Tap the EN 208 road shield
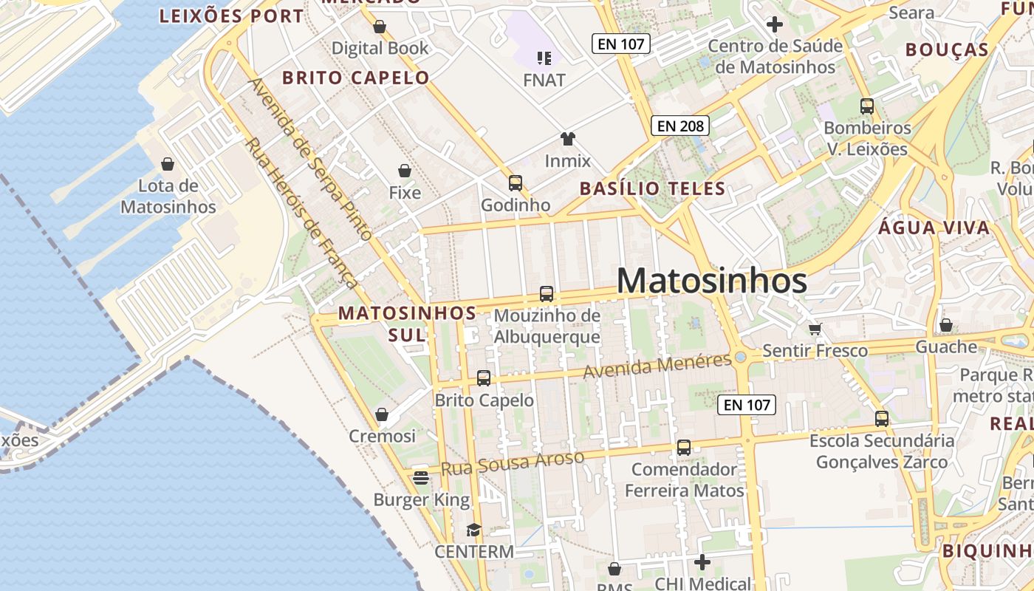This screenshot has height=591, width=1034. [x=680, y=126]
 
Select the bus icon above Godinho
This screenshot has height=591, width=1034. [x=516, y=182]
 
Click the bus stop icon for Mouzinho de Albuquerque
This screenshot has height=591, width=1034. [x=547, y=293]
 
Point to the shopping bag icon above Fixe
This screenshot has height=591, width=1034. [x=405, y=171]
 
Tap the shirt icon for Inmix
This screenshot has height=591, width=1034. [x=567, y=138]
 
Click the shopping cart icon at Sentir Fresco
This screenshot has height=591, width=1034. [x=815, y=329]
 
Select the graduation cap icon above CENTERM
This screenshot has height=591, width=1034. [x=473, y=530]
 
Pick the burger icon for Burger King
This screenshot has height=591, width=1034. [x=421, y=478]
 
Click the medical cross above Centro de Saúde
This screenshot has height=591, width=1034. [x=775, y=24]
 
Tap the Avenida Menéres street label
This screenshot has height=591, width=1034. [x=657, y=366]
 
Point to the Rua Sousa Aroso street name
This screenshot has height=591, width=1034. [x=513, y=463]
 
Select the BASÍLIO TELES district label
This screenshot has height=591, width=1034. [x=652, y=188]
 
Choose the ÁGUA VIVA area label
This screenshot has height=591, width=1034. [x=934, y=228]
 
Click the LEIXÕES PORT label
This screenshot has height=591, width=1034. [x=231, y=16]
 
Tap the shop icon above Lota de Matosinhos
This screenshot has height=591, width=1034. [x=168, y=163]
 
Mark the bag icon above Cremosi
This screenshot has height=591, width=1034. [x=382, y=414]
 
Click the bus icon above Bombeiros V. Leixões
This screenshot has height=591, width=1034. [x=867, y=106]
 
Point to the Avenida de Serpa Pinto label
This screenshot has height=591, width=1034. [x=310, y=159]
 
